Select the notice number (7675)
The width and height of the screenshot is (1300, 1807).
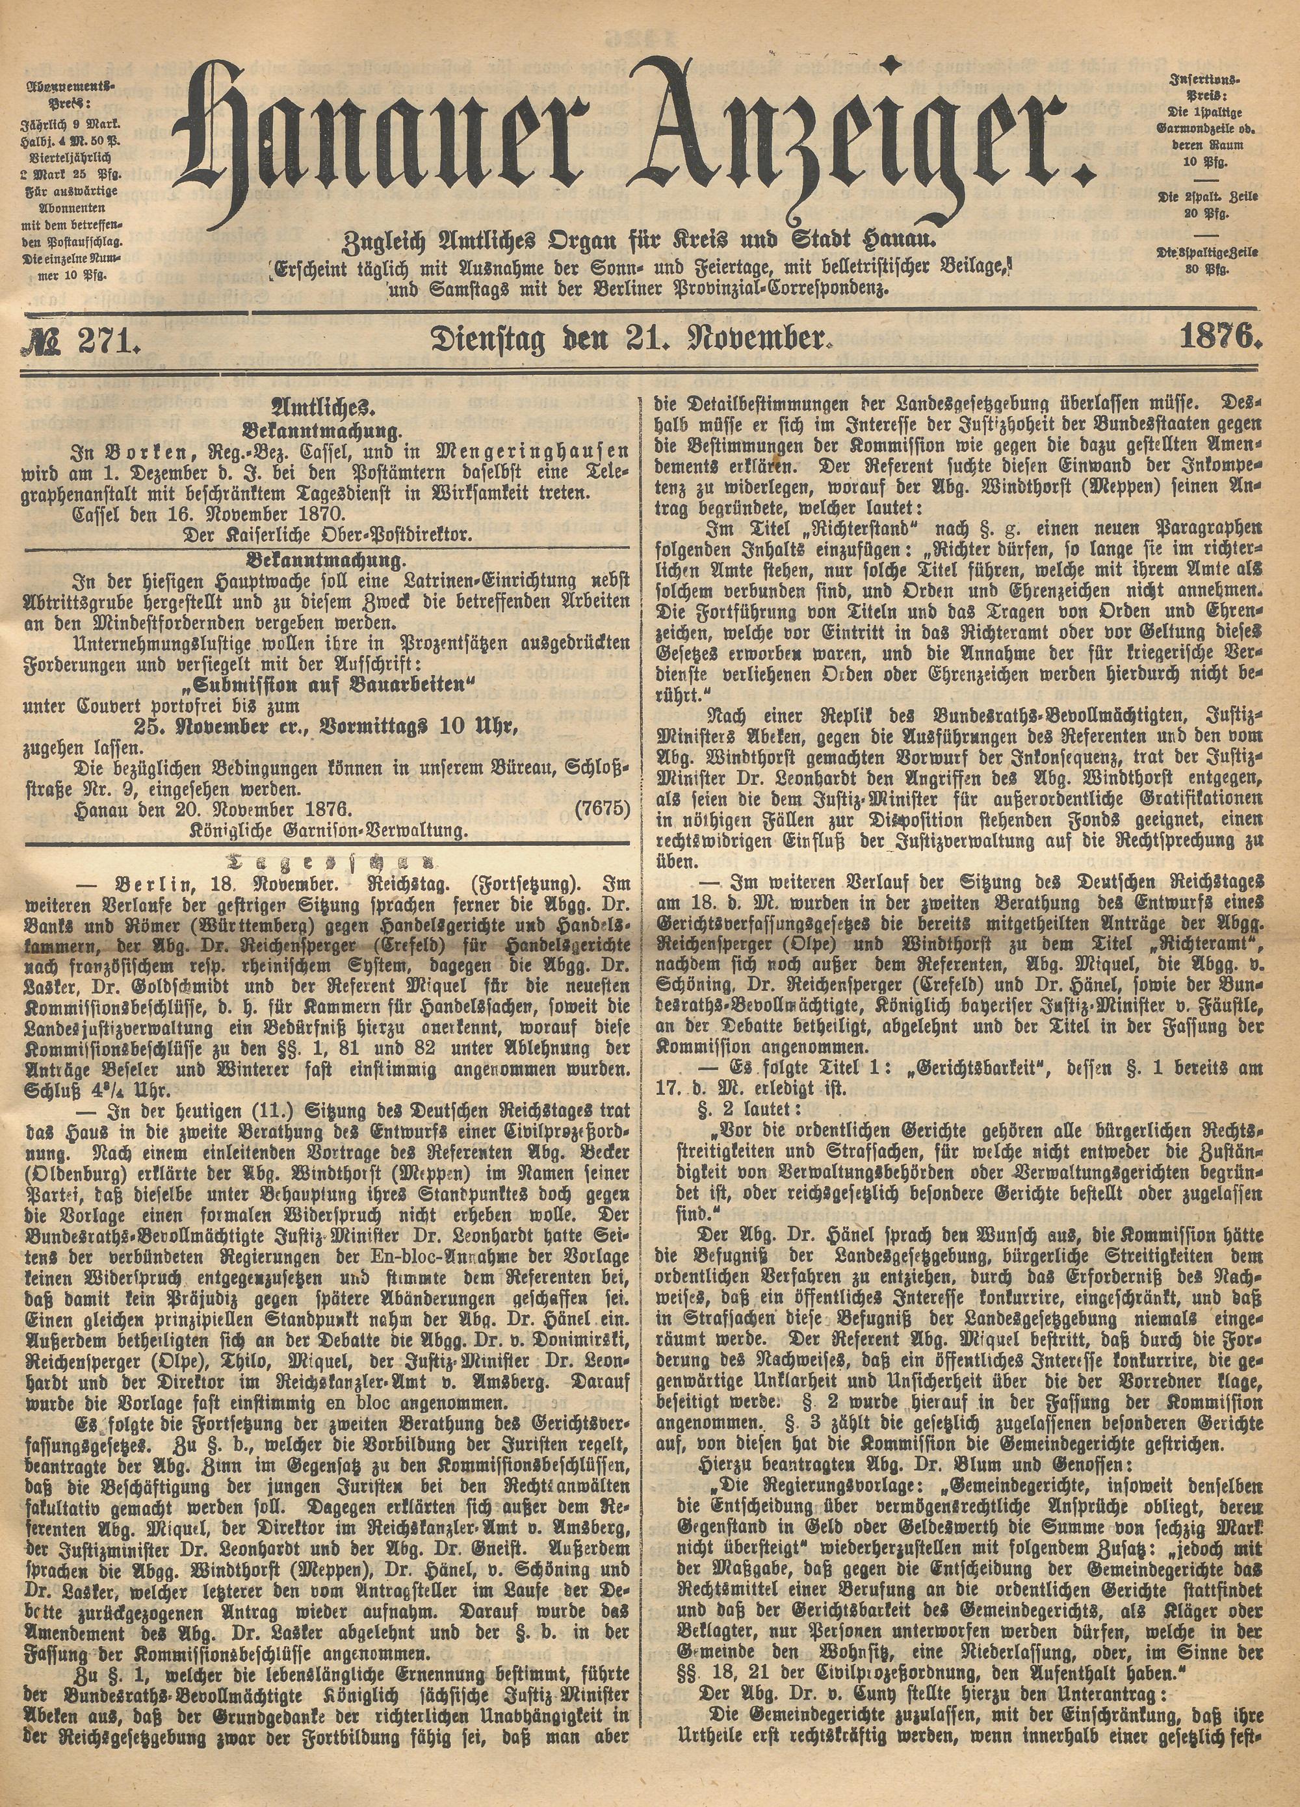602,810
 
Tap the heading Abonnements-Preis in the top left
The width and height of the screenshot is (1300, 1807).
70,94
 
